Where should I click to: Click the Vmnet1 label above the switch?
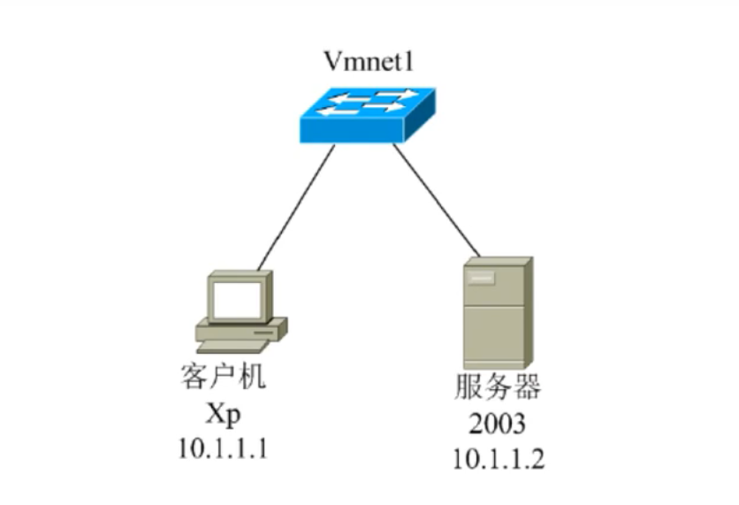click(368, 64)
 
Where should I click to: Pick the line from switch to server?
click(437, 200)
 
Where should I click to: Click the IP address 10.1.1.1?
click(223, 448)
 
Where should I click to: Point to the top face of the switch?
click(367, 101)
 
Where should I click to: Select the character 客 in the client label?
click(194, 378)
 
